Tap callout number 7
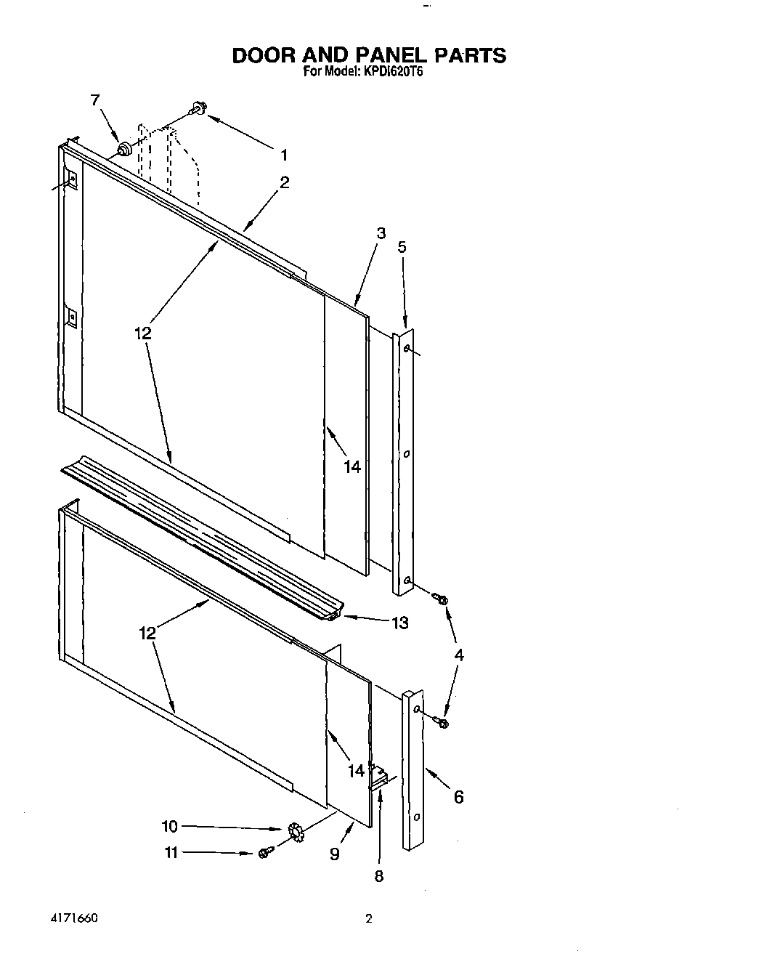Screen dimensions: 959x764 click(95, 101)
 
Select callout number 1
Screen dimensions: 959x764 click(284, 155)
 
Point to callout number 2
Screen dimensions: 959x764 click(284, 183)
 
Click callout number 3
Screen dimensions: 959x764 click(381, 233)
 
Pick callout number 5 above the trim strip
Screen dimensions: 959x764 click(402, 247)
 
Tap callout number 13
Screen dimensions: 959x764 click(399, 623)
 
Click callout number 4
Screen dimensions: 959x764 click(458, 655)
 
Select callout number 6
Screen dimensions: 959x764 click(458, 797)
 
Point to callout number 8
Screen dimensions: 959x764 click(378, 876)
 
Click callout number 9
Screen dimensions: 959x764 click(334, 854)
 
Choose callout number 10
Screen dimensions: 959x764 click(168, 827)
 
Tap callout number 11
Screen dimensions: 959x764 click(171, 853)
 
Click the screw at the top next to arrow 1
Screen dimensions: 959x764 click(197, 110)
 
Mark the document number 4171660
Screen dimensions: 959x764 click(74, 919)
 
